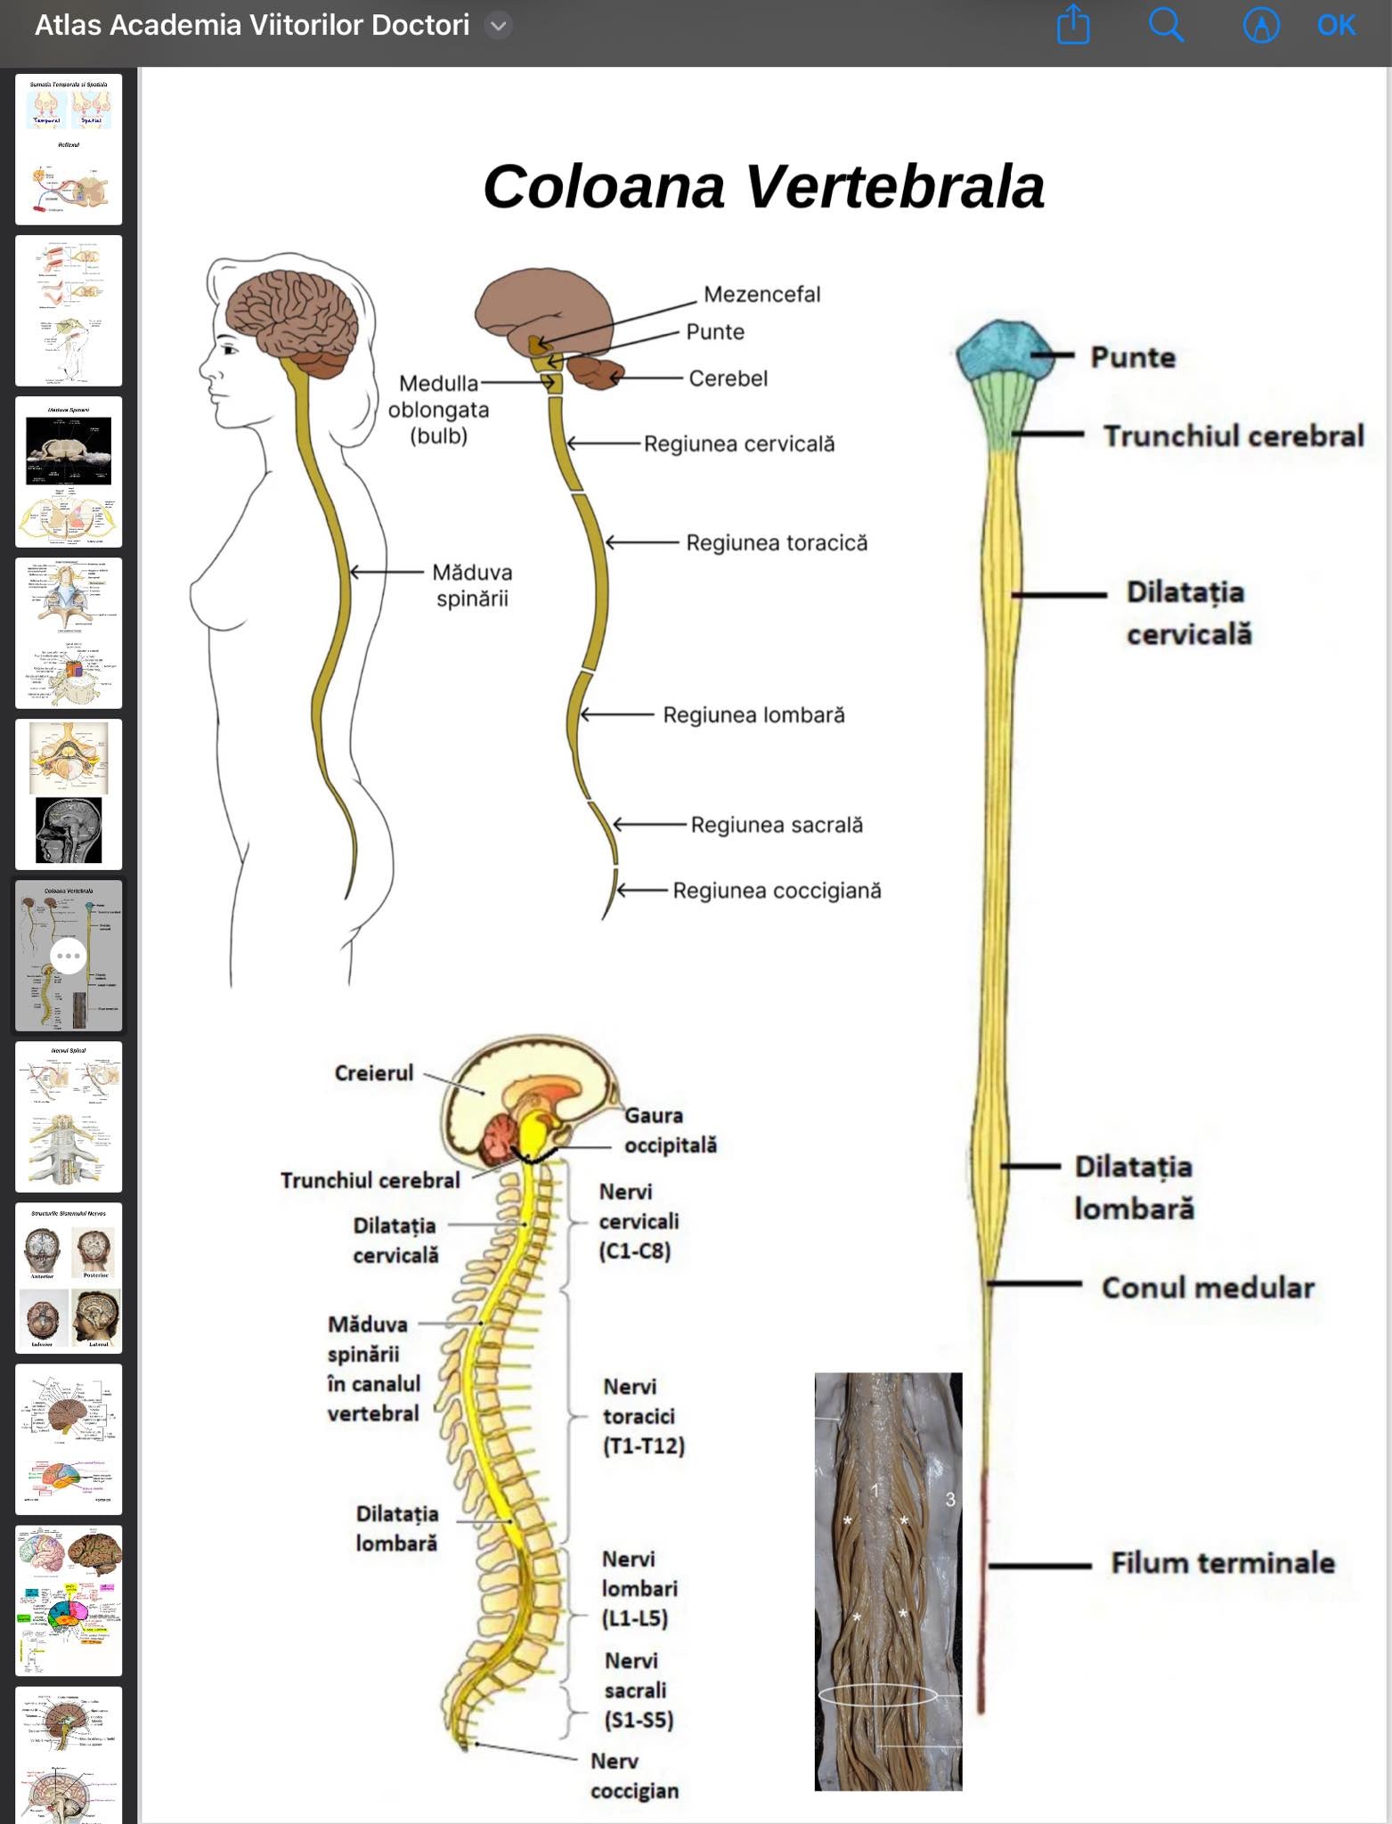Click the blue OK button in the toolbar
[x=1336, y=26]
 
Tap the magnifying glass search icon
[x=1165, y=26]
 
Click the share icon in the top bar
[x=1073, y=25]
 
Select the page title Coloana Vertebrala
[x=763, y=187]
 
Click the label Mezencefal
[x=761, y=295]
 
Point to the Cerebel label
[x=728, y=379]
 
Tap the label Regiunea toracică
[x=776, y=543]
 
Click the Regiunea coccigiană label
[x=777, y=891]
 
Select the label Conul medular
[x=1208, y=1288]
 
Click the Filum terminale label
[x=1222, y=1563]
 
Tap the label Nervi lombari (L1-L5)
[x=639, y=1588]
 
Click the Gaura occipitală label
[x=670, y=1130]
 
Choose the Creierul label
[x=374, y=1073]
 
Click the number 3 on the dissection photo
[x=950, y=1500]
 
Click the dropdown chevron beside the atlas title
[x=499, y=26]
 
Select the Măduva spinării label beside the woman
[x=472, y=585]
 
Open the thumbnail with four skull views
[x=69, y=1278]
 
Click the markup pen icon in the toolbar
[x=1260, y=26]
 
